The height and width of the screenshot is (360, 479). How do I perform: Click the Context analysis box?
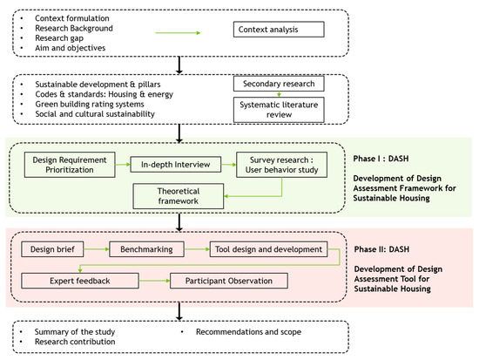[280, 30]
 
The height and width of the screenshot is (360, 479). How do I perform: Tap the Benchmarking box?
[143, 249]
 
